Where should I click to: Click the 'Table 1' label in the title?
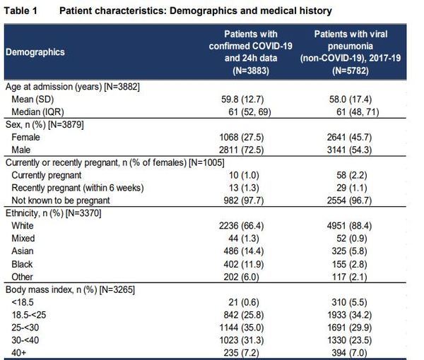tap(20, 11)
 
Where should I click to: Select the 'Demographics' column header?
tap(35, 52)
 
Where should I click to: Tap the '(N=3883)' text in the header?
tap(251, 71)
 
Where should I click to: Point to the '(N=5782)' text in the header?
tap(351, 71)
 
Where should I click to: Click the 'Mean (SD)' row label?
tap(33, 99)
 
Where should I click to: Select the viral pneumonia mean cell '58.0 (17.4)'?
tap(351, 99)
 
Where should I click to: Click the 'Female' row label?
tap(25, 137)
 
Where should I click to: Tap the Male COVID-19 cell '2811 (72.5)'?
tap(241, 150)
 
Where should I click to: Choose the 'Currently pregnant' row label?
tap(46, 175)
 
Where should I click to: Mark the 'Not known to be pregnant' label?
tap(61, 200)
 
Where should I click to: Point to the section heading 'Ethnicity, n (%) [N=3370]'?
tap(53, 213)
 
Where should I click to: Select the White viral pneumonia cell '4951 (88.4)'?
tap(349, 226)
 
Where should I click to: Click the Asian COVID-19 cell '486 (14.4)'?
tap(243, 251)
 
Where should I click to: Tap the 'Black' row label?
tap(22, 264)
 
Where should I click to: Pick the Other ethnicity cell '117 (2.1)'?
tap(349, 277)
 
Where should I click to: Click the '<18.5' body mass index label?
tap(23, 302)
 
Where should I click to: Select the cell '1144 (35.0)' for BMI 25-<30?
tap(241, 328)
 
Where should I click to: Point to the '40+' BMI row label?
tap(18, 353)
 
